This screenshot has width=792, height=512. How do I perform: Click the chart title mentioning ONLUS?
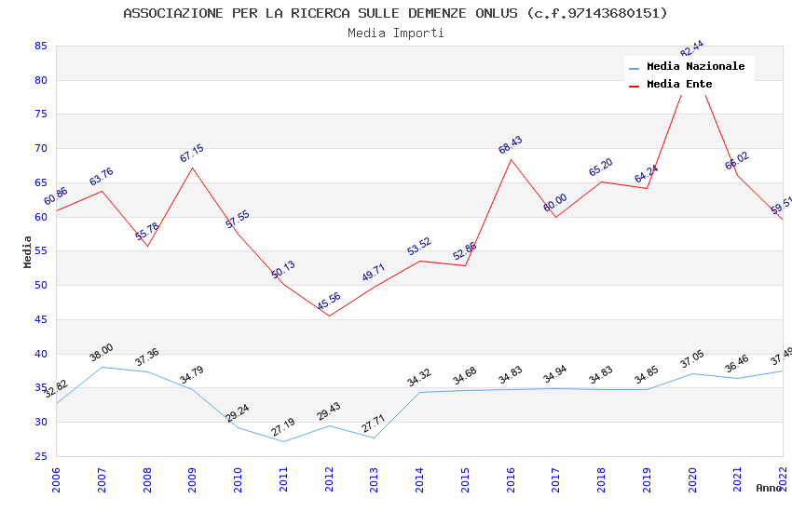[396, 13]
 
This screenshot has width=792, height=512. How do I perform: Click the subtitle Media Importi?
[396, 33]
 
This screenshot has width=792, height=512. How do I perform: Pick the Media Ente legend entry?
[679, 85]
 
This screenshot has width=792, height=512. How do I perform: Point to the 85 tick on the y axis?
[41, 46]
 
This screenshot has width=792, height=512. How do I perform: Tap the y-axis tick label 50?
[41, 286]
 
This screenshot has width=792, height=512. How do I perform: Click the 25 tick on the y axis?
[41, 456]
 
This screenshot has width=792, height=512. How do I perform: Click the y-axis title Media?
[28, 251]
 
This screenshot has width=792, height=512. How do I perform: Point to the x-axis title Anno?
[769, 488]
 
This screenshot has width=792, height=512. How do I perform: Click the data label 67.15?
[192, 154]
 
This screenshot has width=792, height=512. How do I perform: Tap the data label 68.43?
[511, 144]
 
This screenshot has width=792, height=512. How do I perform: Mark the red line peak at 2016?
[511, 159]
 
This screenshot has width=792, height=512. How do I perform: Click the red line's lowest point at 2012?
[329, 316]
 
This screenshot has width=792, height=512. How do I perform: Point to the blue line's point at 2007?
[102, 367]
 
